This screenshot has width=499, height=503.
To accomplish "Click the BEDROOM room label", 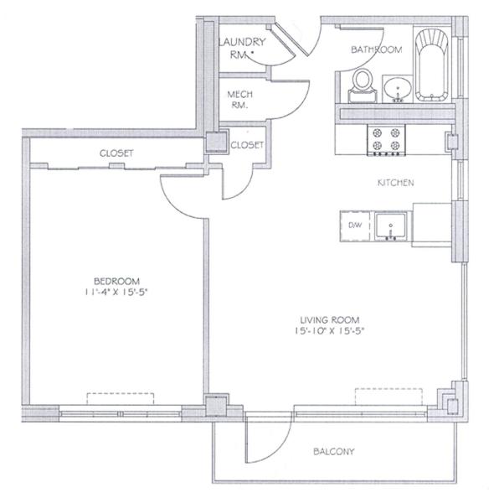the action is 116,282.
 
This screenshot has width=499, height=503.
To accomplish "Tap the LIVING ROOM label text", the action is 330,320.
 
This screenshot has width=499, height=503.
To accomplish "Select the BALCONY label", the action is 334,452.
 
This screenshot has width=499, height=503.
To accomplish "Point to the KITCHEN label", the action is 395,183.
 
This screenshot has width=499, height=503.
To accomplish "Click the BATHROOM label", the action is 376,49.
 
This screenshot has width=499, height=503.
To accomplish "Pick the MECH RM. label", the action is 240,100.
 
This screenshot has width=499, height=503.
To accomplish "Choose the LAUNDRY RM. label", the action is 243,48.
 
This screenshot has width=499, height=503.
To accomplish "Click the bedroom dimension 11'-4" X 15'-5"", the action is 116,293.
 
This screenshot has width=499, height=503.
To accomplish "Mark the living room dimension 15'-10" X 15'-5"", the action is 330,331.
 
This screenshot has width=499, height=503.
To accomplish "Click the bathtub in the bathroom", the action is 431,65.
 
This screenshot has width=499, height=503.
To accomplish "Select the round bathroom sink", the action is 398,88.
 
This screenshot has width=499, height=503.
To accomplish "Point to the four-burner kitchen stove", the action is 386,140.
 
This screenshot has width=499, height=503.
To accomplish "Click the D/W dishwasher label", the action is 355,225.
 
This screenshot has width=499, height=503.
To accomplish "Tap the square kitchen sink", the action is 391,226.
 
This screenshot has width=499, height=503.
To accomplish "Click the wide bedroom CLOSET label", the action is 116,153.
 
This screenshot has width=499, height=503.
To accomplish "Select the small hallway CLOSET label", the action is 247,145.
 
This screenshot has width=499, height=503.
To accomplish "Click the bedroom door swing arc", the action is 174,203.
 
